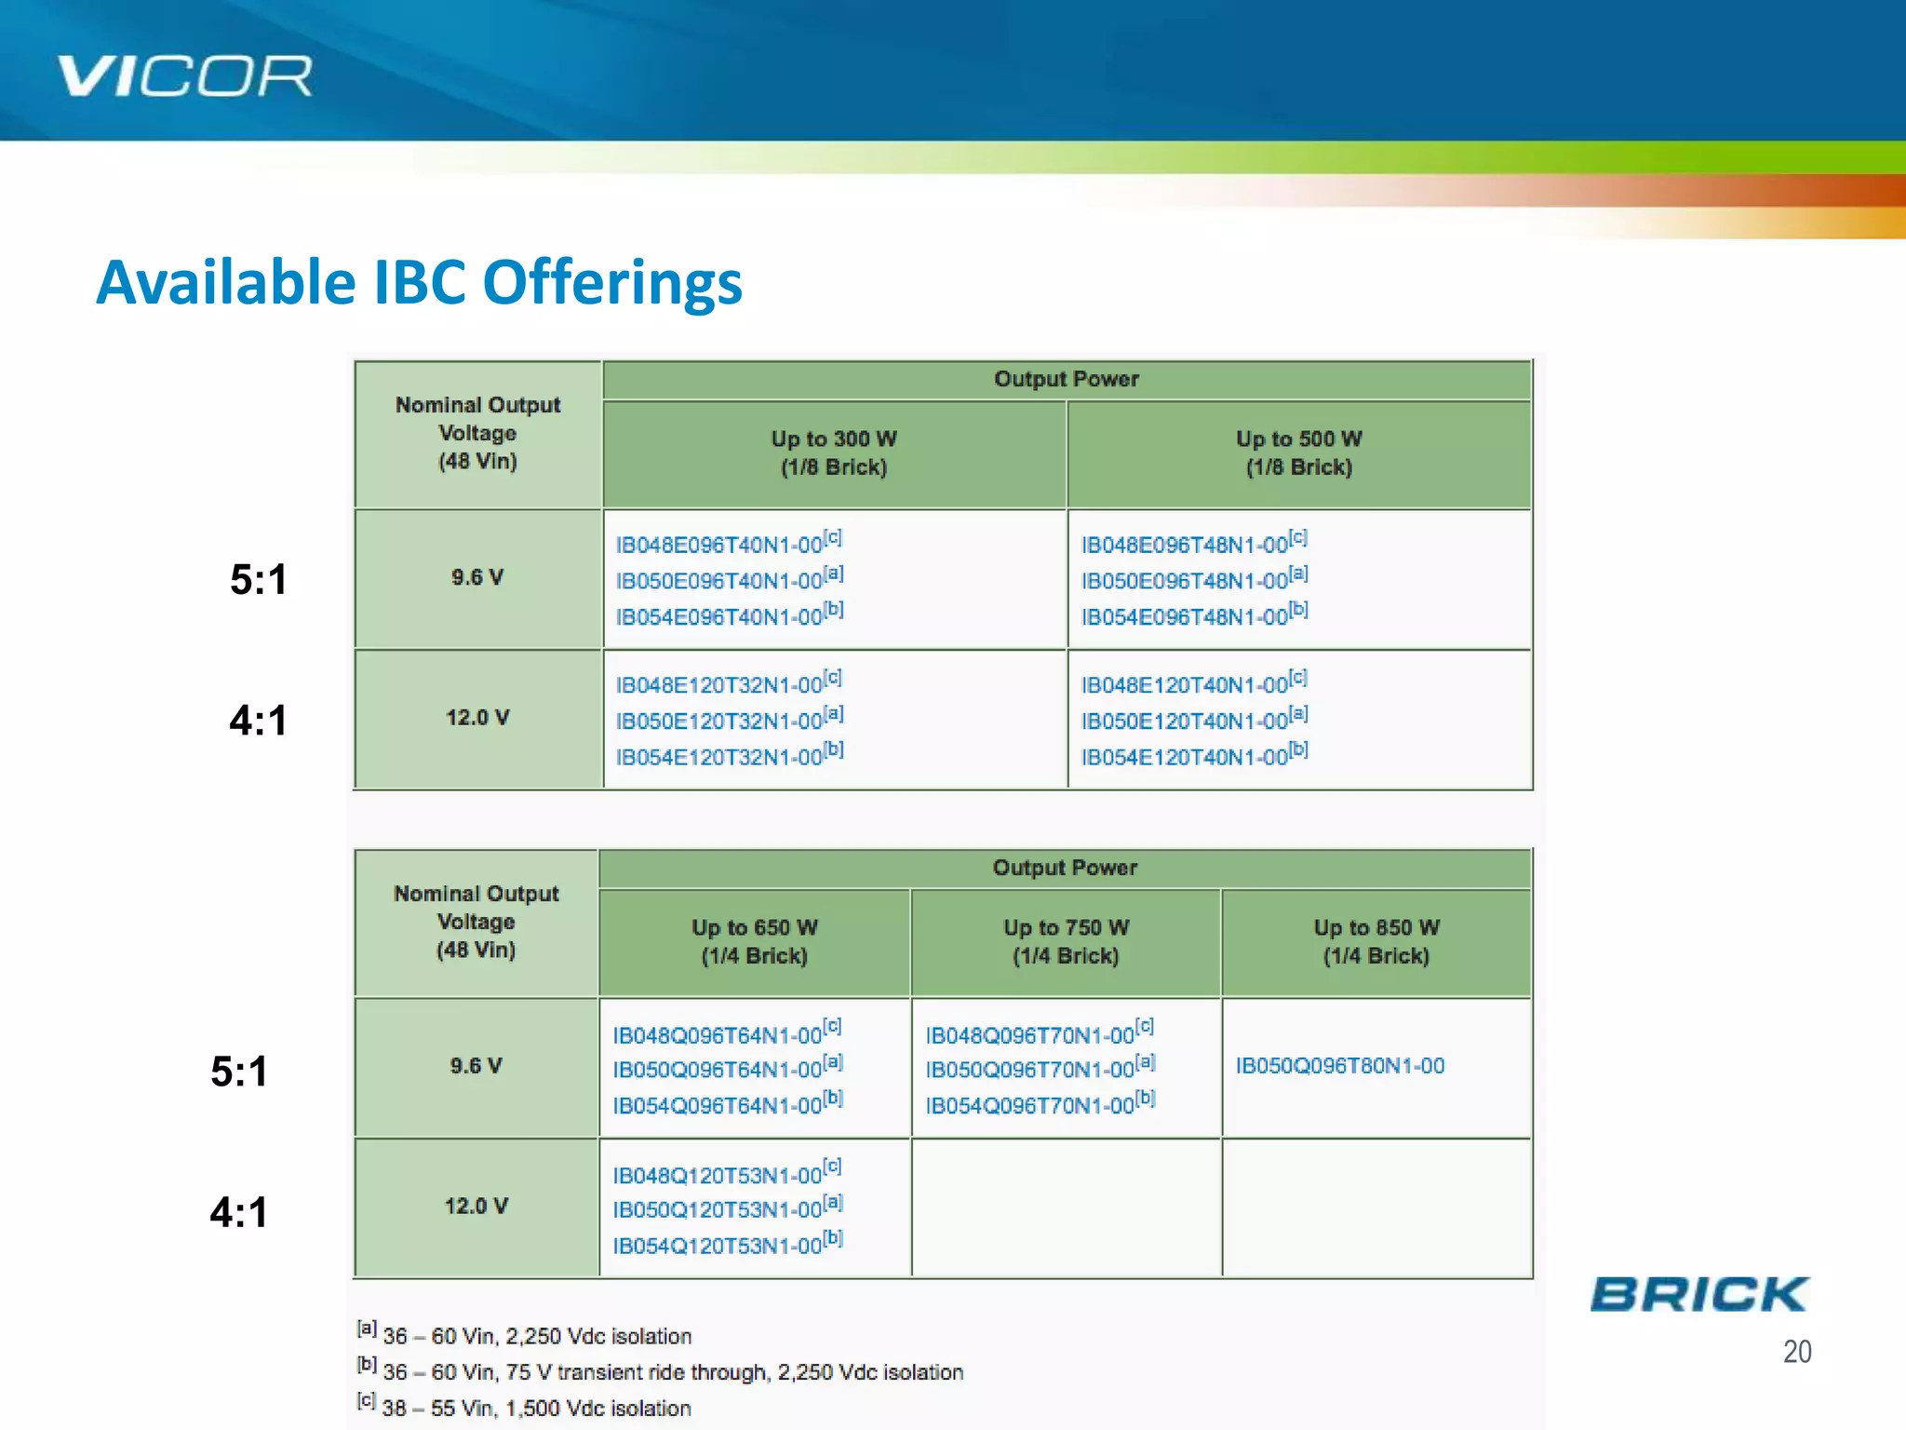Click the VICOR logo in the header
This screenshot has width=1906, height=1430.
click(184, 75)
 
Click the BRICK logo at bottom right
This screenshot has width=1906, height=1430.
click(1698, 1294)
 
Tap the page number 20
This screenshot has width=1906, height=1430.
click(1796, 1351)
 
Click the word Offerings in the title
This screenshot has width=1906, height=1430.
click(611, 282)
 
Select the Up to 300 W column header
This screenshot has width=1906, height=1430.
click(834, 452)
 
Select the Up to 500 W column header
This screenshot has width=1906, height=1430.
click(1298, 452)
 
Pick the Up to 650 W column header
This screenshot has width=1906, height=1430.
click(754, 941)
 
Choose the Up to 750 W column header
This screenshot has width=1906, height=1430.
click(1066, 941)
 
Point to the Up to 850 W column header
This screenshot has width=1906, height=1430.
click(1376, 941)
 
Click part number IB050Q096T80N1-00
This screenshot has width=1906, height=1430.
click(1339, 1066)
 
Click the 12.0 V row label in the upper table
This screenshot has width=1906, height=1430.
click(477, 718)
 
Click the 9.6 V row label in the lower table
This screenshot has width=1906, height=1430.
click(476, 1066)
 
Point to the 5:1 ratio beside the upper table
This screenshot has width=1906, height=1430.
click(258, 580)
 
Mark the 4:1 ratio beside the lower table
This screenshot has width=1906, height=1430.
click(238, 1212)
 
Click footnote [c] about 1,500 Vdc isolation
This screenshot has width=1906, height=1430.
click(535, 1407)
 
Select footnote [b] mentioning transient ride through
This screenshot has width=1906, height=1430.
click(670, 1371)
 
